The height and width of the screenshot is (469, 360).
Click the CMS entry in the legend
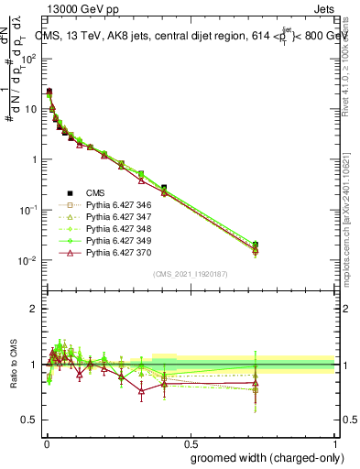click(x=96, y=193)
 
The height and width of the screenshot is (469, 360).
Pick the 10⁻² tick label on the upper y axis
click(x=27, y=260)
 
